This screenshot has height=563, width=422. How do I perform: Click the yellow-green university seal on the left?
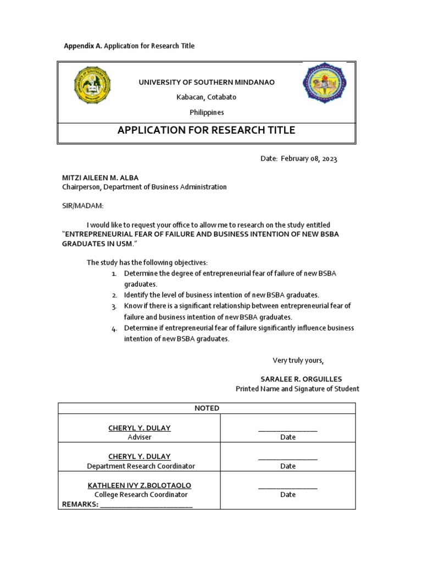click(92, 86)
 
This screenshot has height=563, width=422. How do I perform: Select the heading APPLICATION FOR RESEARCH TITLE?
click(206, 130)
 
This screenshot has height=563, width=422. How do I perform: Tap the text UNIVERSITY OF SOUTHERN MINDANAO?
click(206, 82)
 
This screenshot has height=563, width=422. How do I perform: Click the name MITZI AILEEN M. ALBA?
click(99, 178)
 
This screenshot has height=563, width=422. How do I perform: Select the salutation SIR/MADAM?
click(82, 206)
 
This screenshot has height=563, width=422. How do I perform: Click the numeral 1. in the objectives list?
click(114, 273)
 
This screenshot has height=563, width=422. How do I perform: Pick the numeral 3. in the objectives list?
click(114, 306)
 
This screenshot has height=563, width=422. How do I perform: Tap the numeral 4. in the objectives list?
click(114, 328)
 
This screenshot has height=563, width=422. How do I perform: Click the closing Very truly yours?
click(298, 361)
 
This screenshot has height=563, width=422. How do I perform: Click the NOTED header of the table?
click(206, 408)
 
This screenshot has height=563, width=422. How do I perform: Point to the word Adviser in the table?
click(140, 437)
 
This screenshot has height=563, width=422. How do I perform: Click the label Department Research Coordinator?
click(141, 466)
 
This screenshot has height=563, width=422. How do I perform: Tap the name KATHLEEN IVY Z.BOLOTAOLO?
click(140, 485)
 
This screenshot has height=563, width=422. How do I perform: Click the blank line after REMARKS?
click(146, 505)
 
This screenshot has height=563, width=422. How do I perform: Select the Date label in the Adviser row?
click(287, 437)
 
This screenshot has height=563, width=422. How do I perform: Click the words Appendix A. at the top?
click(83, 46)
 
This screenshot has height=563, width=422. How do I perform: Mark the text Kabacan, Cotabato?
click(206, 97)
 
